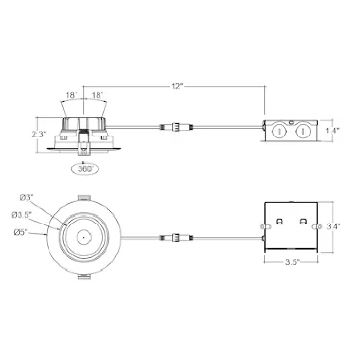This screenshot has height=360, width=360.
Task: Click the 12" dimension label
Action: pos(177,86)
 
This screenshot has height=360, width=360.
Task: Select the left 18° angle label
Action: pos(71,95)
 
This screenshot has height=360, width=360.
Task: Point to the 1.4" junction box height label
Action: pos(333,131)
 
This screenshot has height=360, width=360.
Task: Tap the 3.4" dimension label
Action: pos(333,226)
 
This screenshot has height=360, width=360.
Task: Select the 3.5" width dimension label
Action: pos(291,262)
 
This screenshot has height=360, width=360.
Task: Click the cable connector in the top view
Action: pos(176,238)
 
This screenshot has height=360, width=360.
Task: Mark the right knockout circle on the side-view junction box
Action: pos(303,132)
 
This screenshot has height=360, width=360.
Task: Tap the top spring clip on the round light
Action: pos(83,197)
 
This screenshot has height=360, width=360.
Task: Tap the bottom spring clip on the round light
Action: pos(83,277)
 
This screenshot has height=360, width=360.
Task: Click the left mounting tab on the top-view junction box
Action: pos(266,227)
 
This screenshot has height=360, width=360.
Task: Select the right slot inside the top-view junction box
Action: pos(303,222)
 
